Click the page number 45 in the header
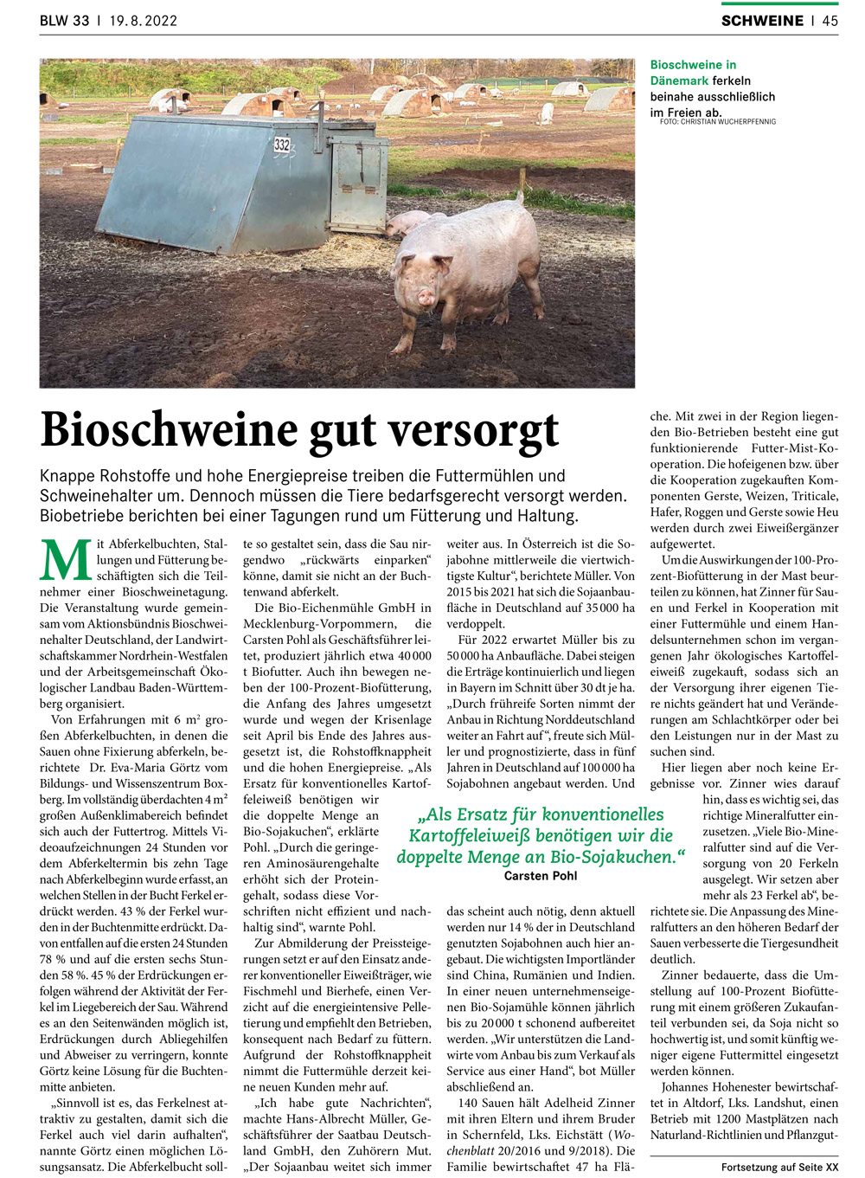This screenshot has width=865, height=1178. coord(830,21)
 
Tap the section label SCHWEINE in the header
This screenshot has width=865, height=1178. coord(762,21)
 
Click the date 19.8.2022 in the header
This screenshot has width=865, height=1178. coord(143,21)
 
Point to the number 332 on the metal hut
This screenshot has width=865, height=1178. coord(282,145)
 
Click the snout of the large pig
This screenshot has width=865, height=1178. coord(426,299)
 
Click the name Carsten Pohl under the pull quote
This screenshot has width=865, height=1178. coord(539,876)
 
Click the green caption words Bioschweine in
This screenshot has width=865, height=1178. coord(693,65)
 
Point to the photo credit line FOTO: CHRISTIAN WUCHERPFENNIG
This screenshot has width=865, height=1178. coord(717,122)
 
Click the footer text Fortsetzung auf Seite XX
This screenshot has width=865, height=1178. coord(779,1168)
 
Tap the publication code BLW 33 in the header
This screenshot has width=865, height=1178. coord(64,21)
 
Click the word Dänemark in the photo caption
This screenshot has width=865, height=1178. coord(679,80)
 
